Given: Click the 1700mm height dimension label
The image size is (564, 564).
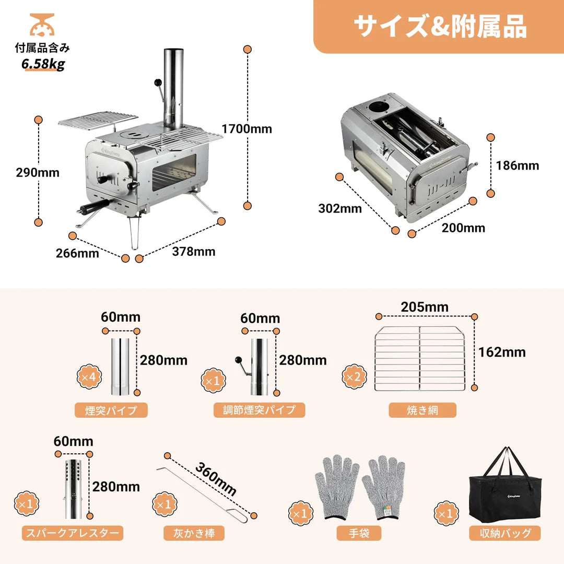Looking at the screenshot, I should [246, 128].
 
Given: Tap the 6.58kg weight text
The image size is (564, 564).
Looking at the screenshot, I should [43, 65].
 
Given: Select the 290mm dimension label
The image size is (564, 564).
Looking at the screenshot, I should [38, 172].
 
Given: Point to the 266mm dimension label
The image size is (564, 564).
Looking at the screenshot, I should [77, 253].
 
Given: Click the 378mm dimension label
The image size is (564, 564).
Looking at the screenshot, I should [194, 251].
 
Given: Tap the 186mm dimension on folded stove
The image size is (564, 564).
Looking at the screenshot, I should [518, 166].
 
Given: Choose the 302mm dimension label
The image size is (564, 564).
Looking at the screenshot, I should [340, 208].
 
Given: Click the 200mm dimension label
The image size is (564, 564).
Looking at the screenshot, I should [463, 228].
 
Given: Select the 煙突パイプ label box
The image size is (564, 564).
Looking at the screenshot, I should [111, 410].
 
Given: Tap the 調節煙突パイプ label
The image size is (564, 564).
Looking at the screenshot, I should [260, 410].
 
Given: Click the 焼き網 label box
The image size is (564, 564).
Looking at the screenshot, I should [422, 410].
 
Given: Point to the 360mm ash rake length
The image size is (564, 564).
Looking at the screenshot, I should [216, 479].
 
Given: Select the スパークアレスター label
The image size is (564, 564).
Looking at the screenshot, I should [73, 533].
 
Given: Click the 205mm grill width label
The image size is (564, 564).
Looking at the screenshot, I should [425, 307].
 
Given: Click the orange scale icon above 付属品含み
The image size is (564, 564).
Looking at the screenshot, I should [42, 25].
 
